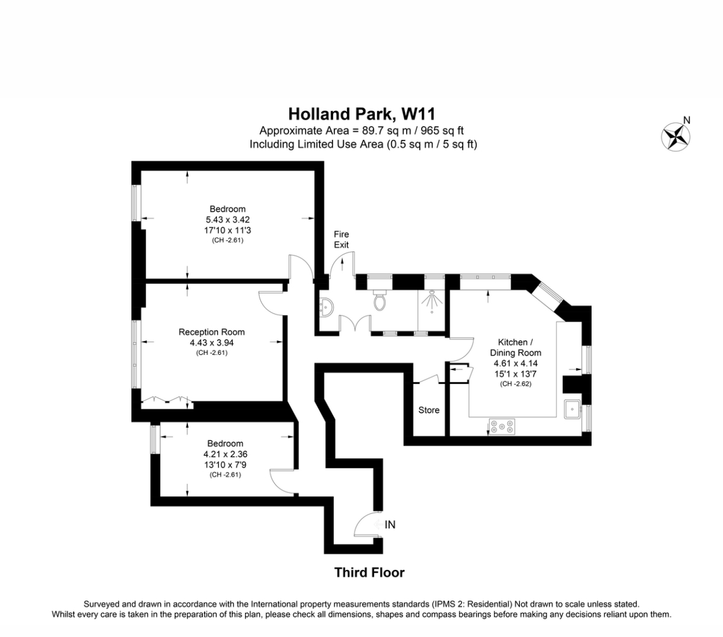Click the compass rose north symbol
pos(676,137)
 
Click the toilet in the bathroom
pos(380,301)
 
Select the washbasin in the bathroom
pos(325,306)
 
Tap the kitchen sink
pos(573,409)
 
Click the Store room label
pos(429,410)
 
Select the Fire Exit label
pos(341,239)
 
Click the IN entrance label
pos(390,525)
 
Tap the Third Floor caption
pos(369,572)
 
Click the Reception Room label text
pos(211,332)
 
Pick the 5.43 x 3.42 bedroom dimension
pos(227,220)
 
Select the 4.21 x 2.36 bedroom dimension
pos(225,454)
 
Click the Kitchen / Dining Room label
pos(515,347)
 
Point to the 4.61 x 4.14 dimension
pos(515,364)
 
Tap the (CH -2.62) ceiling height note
pos(515,384)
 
